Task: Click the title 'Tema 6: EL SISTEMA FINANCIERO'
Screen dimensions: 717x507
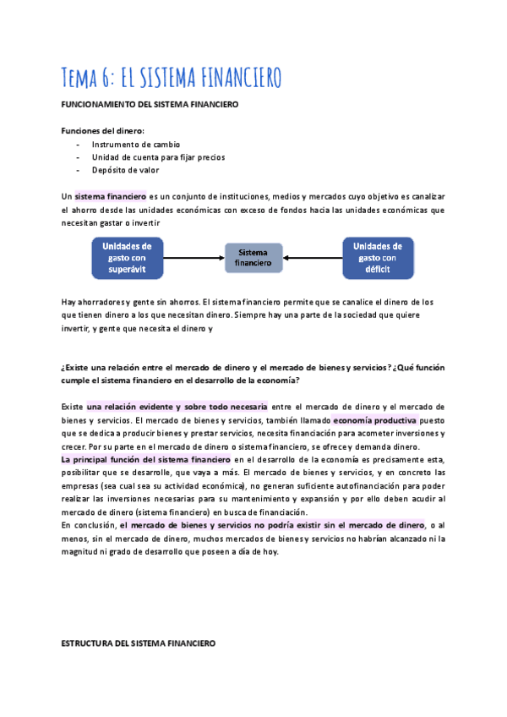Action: click(x=172, y=77)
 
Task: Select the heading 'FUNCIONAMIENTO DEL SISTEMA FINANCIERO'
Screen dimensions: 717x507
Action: click(x=150, y=104)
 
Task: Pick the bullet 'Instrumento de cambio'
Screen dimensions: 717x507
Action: click(x=135, y=145)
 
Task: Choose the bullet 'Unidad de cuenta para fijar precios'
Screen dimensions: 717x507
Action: click(x=158, y=157)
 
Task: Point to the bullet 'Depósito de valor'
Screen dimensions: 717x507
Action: click(x=125, y=170)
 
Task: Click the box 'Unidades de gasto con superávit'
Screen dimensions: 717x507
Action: click(x=127, y=258)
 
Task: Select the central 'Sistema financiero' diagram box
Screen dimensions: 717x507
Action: click(x=253, y=258)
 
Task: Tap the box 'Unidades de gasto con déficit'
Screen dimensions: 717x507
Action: click(x=378, y=258)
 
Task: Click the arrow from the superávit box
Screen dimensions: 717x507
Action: click(x=194, y=258)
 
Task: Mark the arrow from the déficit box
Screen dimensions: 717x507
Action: click(x=313, y=258)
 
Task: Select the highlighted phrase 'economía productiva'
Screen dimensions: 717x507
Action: click(x=374, y=419)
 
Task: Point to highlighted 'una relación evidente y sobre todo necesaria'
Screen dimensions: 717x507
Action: click(x=177, y=407)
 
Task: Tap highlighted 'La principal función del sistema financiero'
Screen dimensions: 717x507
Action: click(x=145, y=458)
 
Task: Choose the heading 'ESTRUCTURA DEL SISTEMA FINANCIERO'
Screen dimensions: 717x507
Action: click(x=139, y=643)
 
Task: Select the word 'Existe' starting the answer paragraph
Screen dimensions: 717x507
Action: click(x=73, y=407)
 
